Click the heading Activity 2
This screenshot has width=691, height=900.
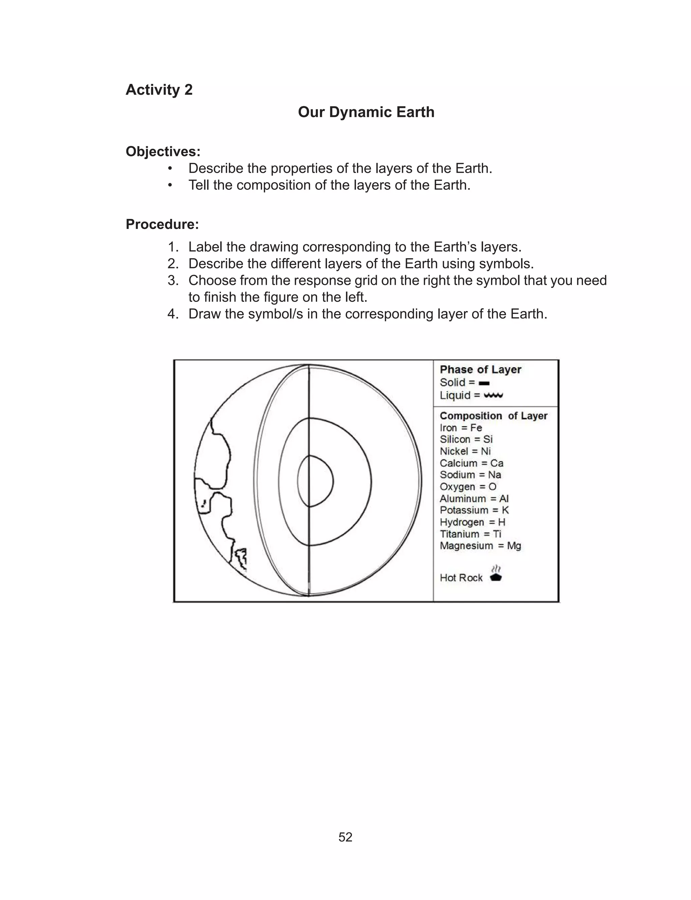coord(159,90)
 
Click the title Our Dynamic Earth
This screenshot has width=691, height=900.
coord(366,112)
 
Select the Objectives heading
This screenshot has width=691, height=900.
coord(163,151)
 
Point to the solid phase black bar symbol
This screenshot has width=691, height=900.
coord(484,383)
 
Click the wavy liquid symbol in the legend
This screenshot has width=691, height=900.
coord(493,395)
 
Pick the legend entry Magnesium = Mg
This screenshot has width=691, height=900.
coord(480,545)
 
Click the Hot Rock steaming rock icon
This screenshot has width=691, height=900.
coord(496,574)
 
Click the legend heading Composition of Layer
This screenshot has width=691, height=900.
coord(493,415)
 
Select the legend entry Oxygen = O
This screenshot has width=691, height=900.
coord(468,487)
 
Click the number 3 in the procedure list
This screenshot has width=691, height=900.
coord(173,280)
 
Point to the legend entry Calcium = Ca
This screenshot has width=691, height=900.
coord(471,463)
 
